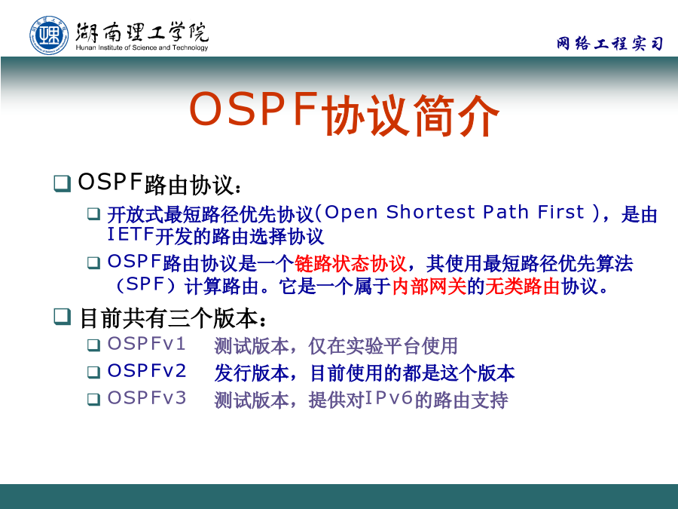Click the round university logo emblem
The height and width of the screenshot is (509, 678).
pos(49,35)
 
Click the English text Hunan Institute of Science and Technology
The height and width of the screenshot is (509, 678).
pos(142,48)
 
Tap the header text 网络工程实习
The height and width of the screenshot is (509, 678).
pos(609,43)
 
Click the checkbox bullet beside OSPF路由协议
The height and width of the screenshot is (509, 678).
pos(63,183)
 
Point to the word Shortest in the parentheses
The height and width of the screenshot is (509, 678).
pos(431,212)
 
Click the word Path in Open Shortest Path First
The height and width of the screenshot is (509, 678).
pos(506,212)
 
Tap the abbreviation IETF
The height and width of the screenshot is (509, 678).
pos(130,235)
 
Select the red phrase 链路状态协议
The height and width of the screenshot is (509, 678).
pos(350,264)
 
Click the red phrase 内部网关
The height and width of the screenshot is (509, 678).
pos(429,286)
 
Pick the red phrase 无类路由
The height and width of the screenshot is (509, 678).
pos(522,286)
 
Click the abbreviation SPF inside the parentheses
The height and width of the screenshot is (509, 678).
pos(145,284)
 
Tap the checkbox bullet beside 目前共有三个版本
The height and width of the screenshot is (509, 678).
pos(63,317)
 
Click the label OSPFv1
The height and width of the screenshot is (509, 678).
pos(147,344)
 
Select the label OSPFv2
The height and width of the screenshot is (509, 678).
pos(147,371)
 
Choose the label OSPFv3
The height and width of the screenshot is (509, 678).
pos(147,397)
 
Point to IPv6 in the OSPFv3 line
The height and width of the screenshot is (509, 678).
pos(389,397)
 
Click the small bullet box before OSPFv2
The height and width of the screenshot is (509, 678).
pos(94,373)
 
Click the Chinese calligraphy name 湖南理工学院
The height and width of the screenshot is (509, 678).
pos(142,31)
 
